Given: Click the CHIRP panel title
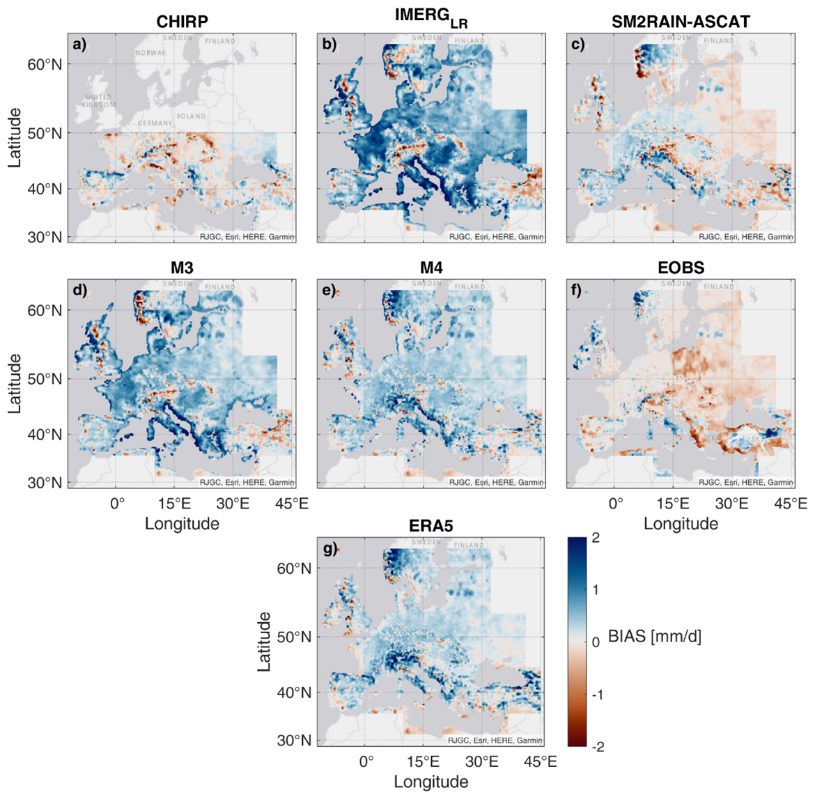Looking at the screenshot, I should coord(182,22).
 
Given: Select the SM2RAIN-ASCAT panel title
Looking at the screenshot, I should coord(681,22).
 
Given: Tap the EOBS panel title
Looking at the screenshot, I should coord(681,267).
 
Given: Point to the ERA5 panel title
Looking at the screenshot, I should coord(430,526).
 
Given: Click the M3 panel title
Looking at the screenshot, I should coord(182,267).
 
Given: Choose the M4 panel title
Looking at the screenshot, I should coord(431,267).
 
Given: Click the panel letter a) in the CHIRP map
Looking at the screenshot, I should coord(79,45).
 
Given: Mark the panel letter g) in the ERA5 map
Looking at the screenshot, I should coord(329,549).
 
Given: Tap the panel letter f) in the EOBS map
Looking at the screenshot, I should coord(577,290).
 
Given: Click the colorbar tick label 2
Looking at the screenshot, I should coord(596,538).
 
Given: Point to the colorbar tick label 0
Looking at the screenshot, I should coord(596,642).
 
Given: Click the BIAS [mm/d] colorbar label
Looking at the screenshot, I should coord(654,636).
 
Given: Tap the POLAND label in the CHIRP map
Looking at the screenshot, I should coord(191,116).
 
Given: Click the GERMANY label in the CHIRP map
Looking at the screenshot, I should coord(155,123).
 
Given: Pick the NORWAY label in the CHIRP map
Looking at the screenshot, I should coord(150,53).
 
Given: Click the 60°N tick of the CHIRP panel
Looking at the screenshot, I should coord(45,64).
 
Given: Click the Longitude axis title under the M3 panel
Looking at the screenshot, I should coord(182,524).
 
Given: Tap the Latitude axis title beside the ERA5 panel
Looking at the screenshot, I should coord(264,641).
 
